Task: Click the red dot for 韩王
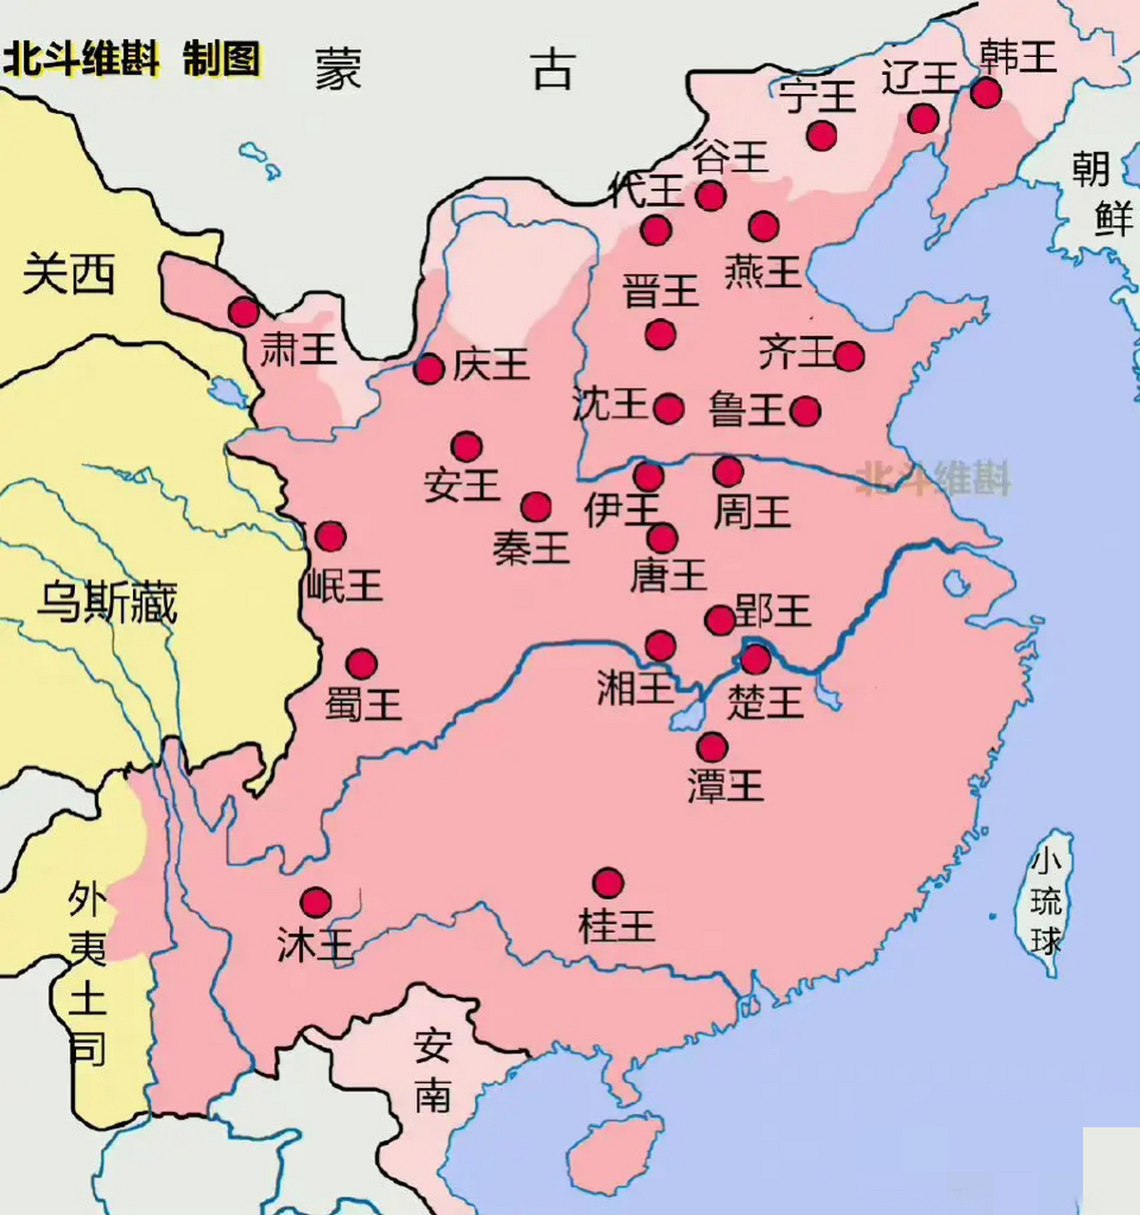(x=985, y=92)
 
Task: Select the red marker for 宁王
(x=822, y=135)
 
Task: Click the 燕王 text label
(x=763, y=271)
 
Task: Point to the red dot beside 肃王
(x=244, y=311)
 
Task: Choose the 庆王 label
(x=490, y=364)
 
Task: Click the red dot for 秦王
(x=536, y=507)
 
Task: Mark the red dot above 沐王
(x=315, y=902)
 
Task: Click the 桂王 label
(x=617, y=925)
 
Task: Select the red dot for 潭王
(x=712, y=746)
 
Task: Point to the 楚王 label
(x=765, y=702)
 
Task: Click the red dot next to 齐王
(x=849, y=356)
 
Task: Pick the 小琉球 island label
(x=1046, y=902)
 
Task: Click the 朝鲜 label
(x=1102, y=195)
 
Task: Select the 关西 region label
(x=68, y=275)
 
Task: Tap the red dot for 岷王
(x=331, y=536)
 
